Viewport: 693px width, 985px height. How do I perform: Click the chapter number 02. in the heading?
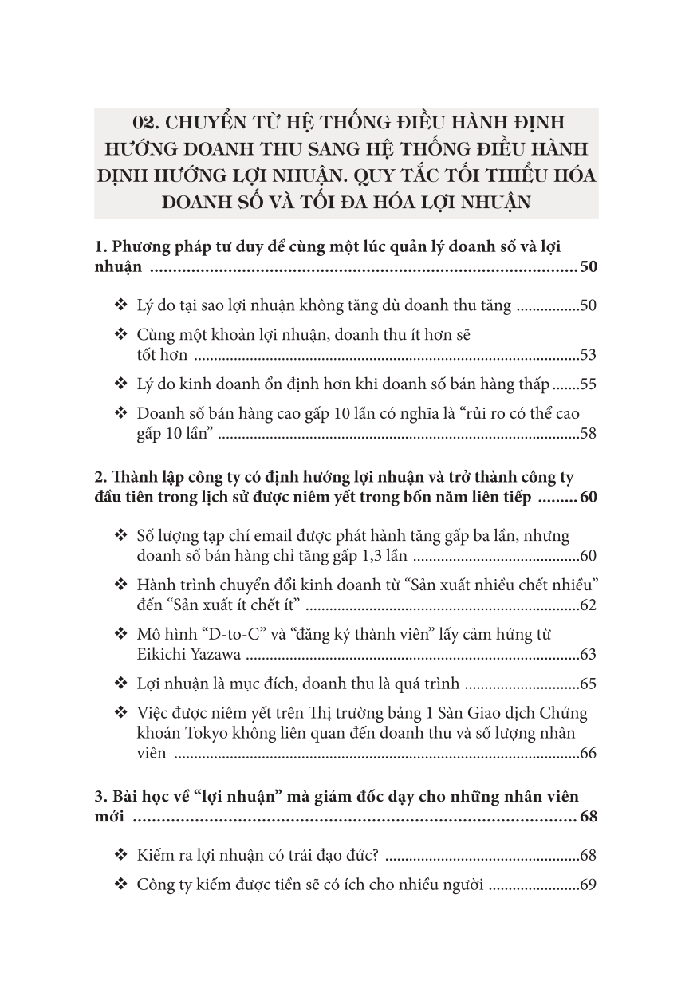point(150,124)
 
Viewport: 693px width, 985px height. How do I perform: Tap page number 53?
point(589,355)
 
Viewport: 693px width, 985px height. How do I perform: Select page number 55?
point(589,384)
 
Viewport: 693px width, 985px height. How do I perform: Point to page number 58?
point(589,435)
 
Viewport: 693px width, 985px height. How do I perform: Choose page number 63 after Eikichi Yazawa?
point(589,656)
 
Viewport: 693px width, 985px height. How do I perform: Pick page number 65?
point(589,684)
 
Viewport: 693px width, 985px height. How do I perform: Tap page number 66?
point(589,753)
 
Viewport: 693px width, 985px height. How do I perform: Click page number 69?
point(589,885)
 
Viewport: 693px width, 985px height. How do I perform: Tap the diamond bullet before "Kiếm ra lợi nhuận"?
point(121,856)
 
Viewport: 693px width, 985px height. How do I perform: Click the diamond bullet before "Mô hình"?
point(121,635)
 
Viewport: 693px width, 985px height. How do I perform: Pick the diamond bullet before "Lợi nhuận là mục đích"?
point(121,684)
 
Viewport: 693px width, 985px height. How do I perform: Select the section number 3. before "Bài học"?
point(100,797)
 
